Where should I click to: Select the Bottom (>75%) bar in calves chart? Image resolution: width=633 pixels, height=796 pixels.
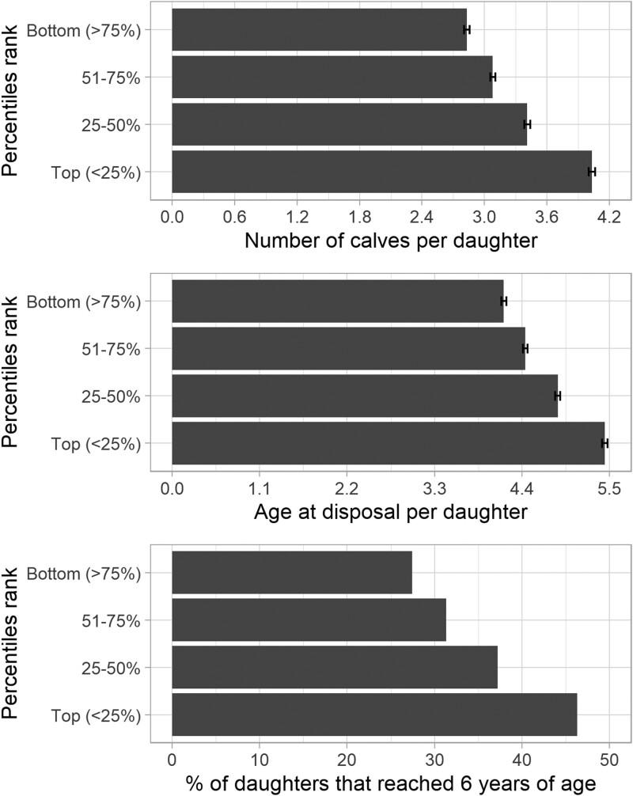coord(319,29)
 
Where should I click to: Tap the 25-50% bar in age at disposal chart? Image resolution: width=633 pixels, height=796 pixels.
coord(364,396)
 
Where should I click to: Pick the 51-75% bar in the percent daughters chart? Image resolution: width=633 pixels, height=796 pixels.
coord(309,620)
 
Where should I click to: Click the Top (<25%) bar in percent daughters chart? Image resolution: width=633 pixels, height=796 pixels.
coord(373,715)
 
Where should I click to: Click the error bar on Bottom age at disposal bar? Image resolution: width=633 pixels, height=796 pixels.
coord(503,301)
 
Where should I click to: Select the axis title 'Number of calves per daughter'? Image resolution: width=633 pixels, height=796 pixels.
coord(391,241)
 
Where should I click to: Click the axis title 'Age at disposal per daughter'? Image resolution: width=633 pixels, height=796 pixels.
coord(391,513)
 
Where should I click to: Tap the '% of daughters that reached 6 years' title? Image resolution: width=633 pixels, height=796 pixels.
coord(391,783)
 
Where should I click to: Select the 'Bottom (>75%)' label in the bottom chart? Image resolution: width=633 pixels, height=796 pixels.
coord(84,573)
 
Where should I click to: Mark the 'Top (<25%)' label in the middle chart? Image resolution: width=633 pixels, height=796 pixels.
coord(96,444)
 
